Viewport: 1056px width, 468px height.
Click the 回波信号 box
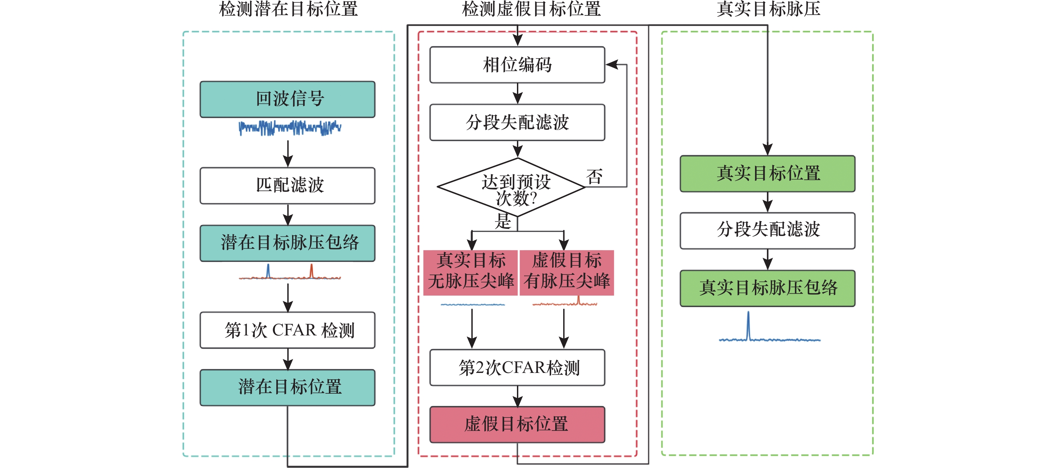pyautogui.click(x=287, y=99)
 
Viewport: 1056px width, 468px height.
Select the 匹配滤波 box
pyautogui.click(x=287, y=185)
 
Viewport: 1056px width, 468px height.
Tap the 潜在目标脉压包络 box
pyautogui.click(x=287, y=243)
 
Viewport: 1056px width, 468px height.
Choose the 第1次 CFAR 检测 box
pyautogui.click(x=287, y=330)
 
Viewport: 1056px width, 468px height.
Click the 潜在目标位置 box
pyautogui.click(x=287, y=387)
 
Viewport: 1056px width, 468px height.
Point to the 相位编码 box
pyautogui.click(x=517, y=65)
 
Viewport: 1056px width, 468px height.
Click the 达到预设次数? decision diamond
pyautogui.click(x=511, y=187)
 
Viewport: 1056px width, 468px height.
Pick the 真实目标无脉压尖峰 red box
pyautogui.click(x=471, y=272)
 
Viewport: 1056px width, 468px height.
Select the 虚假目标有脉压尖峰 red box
pyautogui.click(x=567, y=272)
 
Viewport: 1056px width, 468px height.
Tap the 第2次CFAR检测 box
pyautogui.click(x=517, y=367)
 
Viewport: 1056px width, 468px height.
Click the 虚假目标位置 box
pyautogui.click(x=517, y=424)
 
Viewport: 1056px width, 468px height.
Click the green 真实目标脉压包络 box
pyautogui.click(x=767, y=288)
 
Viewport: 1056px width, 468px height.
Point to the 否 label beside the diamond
pyautogui.click(x=594, y=177)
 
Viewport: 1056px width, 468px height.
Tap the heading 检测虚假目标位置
pyautogui.click(x=531, y=9)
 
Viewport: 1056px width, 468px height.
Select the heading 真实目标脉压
pyautogui.click(x=768, y=9)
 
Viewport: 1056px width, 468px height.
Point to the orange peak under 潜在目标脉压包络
pyautogui.click(x=311, y=271)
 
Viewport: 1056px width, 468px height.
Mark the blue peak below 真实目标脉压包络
pyautogui.click(x=748, y=325)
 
